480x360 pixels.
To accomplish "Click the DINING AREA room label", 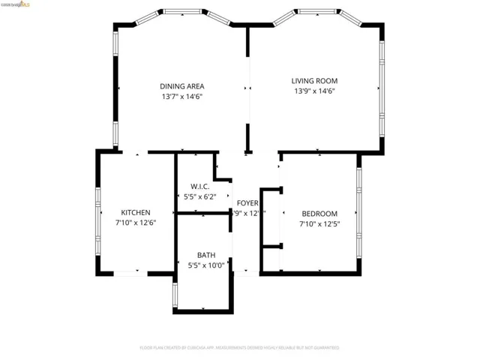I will (x=181, y=85).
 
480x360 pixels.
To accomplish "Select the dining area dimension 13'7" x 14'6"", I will (x=181, y=97).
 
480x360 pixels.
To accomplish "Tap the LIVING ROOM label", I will (x=314, y=80).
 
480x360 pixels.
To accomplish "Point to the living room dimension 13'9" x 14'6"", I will (x=314, y=91).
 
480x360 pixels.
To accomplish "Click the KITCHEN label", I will (x=136, y=212).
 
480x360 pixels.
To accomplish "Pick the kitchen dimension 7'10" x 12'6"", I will (x=136, y=223).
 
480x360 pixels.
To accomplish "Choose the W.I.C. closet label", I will (x=199, y=186).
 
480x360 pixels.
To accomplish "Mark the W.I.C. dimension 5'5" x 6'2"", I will (x=199, y=197).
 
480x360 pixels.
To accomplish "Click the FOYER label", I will (x=247, y=203).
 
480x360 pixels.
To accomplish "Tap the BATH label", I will (x=205, y=255).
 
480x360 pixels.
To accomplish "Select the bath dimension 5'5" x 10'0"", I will (x=205, y=265).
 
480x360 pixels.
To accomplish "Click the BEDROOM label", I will (x=319, y=213).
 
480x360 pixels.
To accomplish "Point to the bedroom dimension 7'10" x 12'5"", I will (x=319, y=223).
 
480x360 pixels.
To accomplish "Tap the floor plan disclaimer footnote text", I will (x=239, y=348).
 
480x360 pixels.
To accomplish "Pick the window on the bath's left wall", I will (x=175, y=295).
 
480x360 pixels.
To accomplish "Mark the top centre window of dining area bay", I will (x=182, y=11).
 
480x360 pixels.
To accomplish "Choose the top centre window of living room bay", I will (x=316, y=11).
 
